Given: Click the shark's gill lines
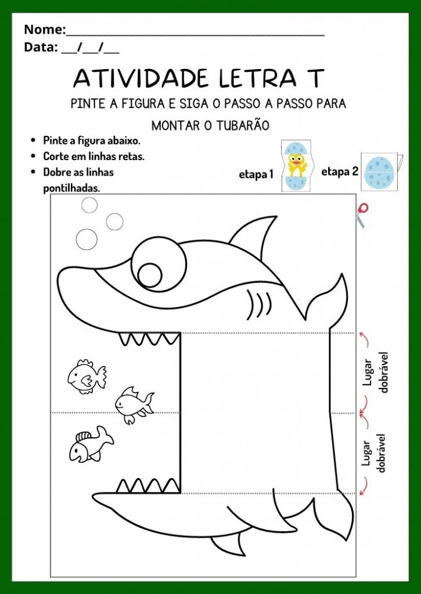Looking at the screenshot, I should coord(259,302).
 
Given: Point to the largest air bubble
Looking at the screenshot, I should coord(87,238).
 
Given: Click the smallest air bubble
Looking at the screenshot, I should coord(89,205).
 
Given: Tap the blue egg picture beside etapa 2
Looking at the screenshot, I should coord(382,172).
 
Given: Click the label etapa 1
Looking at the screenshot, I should coord(256,173).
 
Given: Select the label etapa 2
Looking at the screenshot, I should coord(340,171).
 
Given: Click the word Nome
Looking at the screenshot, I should coord(44,29).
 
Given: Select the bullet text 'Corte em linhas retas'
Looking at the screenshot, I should coord(93,156).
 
